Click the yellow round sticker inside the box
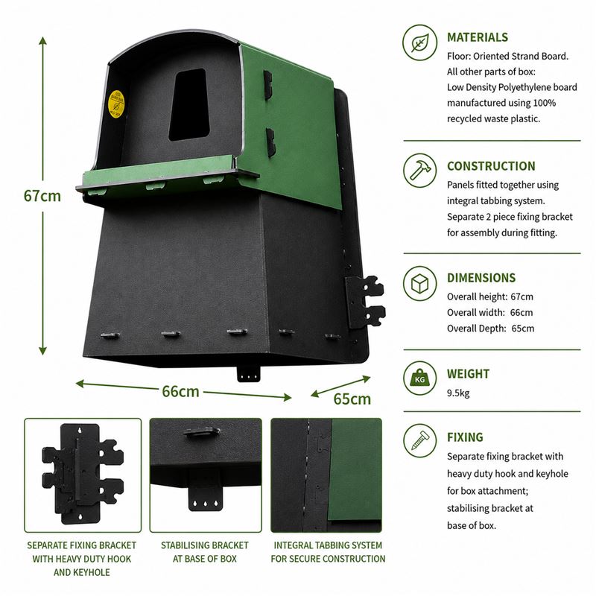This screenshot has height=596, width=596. tap(116, 104)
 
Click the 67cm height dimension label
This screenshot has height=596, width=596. tap(42, 196)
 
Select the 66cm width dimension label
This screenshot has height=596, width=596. tap(180, 391)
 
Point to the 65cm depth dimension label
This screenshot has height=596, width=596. tap(352, 399)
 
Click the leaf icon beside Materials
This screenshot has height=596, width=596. tap(420, 42)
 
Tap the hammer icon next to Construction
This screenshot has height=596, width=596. tap(420, 171)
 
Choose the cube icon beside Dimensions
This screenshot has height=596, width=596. tap(420, 283)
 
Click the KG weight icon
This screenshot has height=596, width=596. tap(420, 378)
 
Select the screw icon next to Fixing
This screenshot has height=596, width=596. tap(420, 441)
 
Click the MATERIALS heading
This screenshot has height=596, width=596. tap(478, 37)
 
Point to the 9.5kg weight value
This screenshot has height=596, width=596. tap(458, 393)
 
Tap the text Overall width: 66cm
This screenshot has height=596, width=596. tap(490, 312)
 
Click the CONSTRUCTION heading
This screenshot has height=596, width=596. tap(491, 166)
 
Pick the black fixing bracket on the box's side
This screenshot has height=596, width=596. tap(365, 302)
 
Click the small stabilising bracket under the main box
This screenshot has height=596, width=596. tap(249, 374)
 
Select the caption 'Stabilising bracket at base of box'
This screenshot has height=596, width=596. tap(204, 552)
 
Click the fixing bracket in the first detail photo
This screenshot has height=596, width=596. tap(83, 474)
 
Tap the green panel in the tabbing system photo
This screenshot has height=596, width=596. tap(355, 470)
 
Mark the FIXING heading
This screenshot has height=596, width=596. tap(465, 437)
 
